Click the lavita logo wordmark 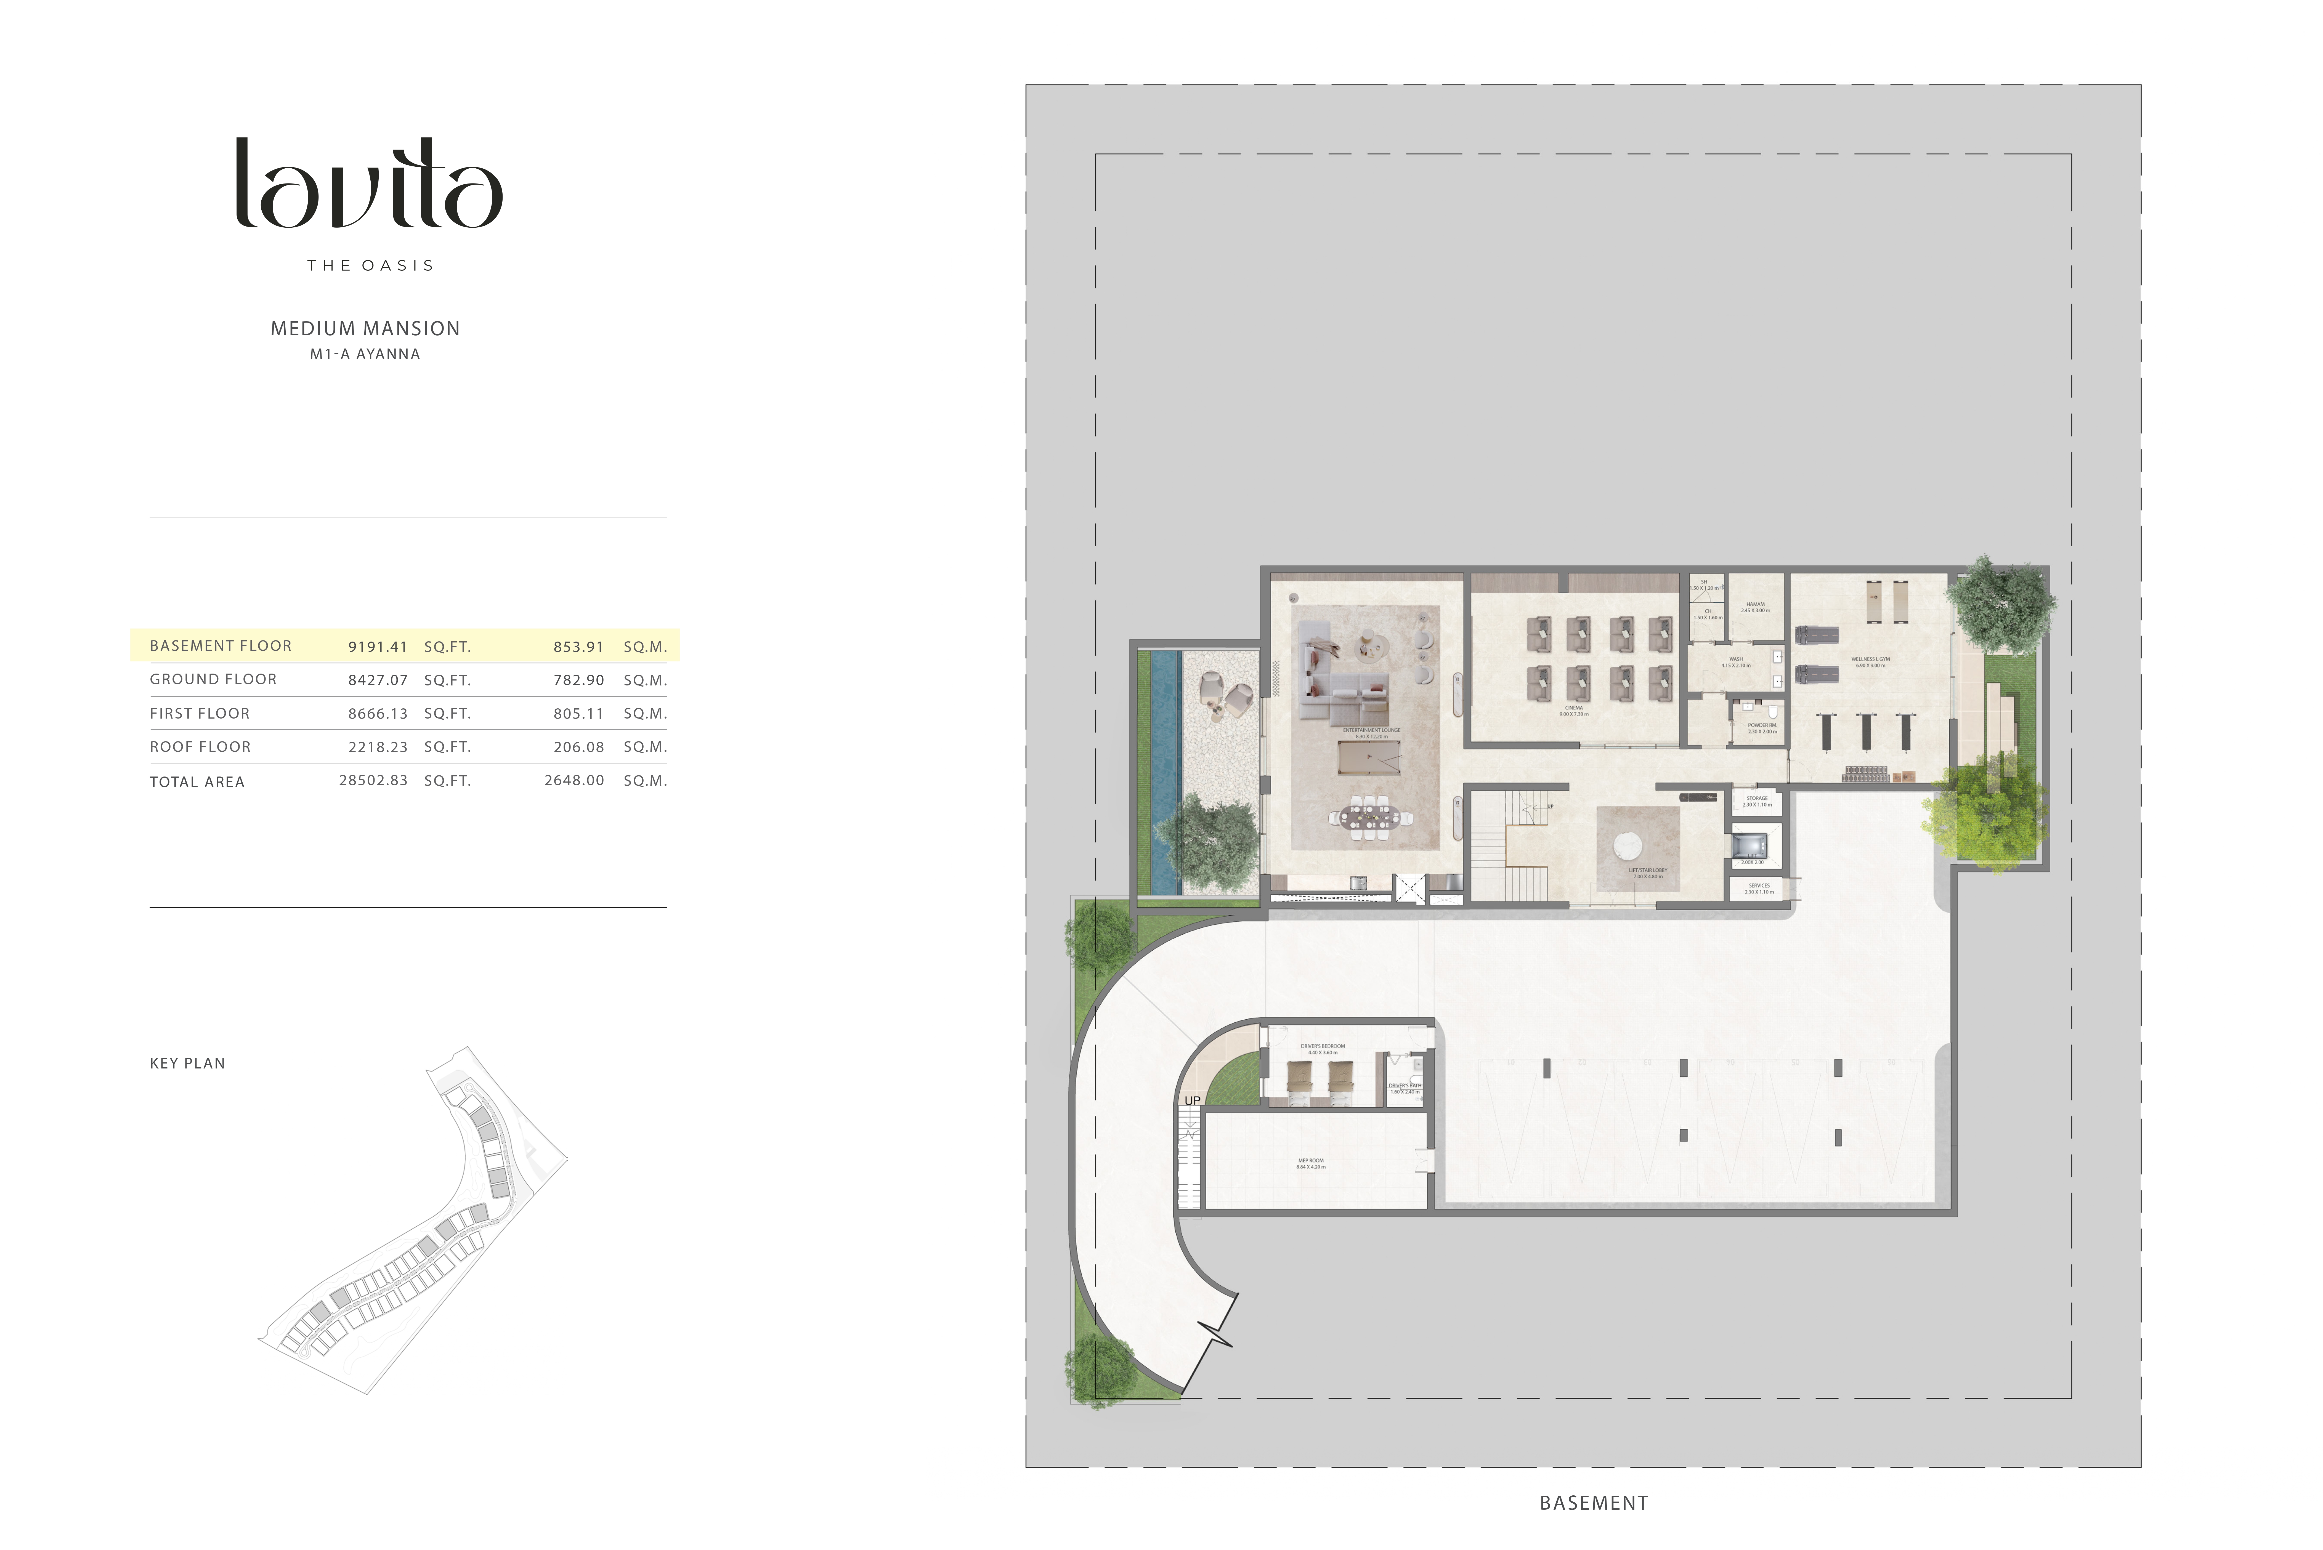pos(369,184)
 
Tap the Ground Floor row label pos(214,679)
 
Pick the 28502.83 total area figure pos(373,780)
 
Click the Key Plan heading pos(188,1064)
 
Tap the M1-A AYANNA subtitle pos(365,354)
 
